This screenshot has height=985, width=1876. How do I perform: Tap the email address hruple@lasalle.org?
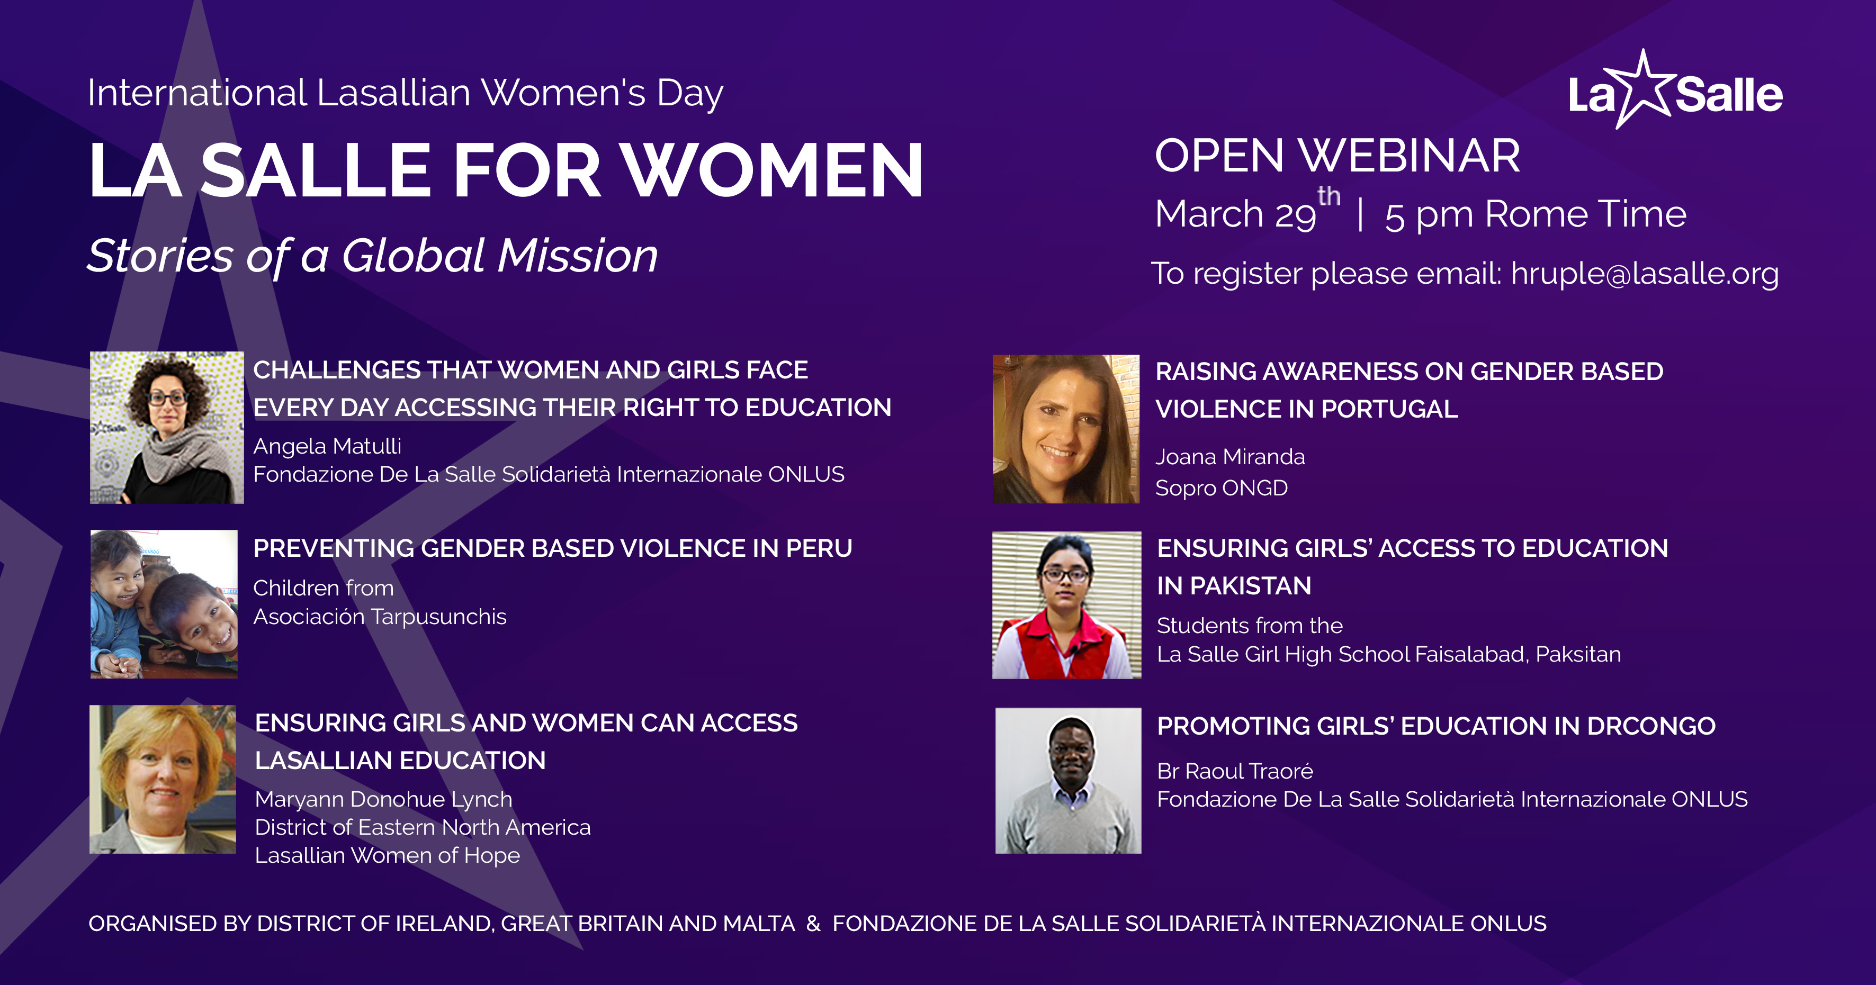[x=1645, y=274]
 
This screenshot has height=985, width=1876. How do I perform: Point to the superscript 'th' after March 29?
[x=1329, y=196]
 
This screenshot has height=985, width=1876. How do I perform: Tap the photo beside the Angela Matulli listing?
[x=167, y=427]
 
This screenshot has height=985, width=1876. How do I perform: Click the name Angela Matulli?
[x=327, y=446]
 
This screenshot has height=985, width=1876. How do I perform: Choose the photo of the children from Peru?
[x=164, y=604]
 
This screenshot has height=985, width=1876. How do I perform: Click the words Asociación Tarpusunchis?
[x=380, y=617]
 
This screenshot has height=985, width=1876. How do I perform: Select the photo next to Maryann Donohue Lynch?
[x=163, y=779]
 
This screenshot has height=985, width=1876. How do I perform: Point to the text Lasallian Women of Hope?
[x=388, y=855]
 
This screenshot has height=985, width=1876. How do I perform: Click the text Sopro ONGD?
[x=1222, y=488]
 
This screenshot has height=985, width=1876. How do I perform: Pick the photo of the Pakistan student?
[x=1067, y=605]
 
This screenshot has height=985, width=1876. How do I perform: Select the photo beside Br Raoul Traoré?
[x=1069, y=780]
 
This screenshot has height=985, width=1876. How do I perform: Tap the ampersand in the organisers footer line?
[x=813, y=924]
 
